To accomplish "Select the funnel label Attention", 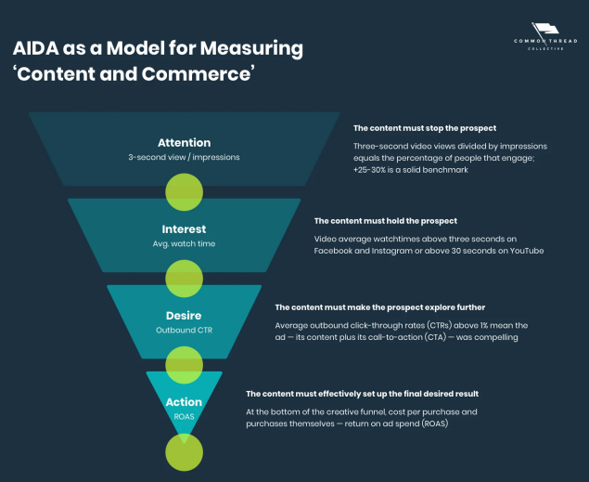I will pos(184,143).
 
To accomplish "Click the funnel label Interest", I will pos(184,228).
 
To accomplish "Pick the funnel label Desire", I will pos(184,315).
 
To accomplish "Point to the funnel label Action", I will pos(184,402).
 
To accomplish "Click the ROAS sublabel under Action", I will pos(184,417).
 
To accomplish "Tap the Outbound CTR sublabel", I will pos(184,330).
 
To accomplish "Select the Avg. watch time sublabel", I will pos(184,243).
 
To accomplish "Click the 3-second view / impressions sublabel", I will pos(184,157).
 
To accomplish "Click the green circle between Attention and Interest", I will pos(184,191).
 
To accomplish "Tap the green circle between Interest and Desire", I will pos(184,278).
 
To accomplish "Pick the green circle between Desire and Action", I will pos(184,364).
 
